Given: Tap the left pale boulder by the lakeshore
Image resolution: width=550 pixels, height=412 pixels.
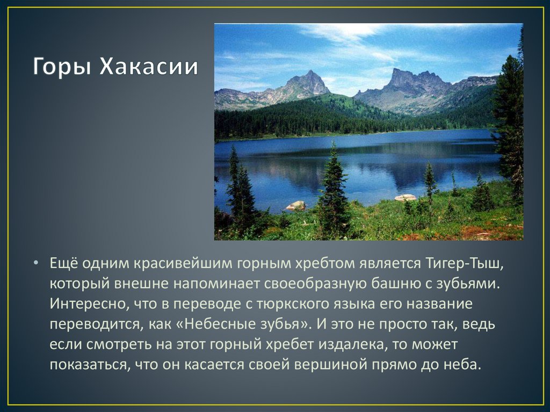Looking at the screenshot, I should (296, 205).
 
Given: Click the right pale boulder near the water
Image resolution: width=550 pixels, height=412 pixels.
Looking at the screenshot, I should (406, 197).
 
